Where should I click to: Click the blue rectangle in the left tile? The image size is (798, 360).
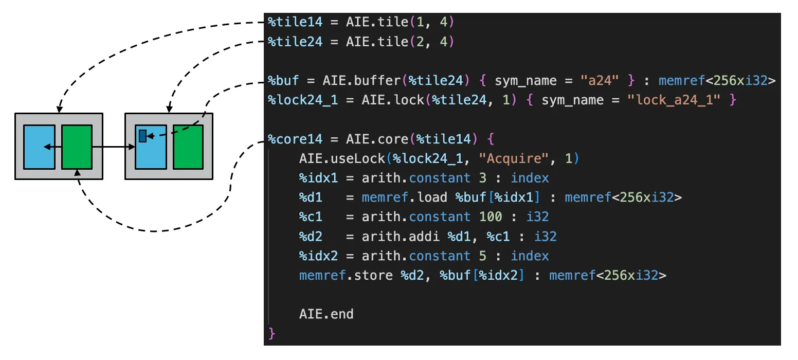[39, 147]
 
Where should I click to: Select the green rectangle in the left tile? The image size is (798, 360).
[77, 147]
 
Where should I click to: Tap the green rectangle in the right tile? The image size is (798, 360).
[188, 147]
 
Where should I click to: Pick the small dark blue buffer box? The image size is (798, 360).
[142, 136]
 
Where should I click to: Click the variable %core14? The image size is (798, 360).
[295, 139]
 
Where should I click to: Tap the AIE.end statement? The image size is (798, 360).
[326, 314]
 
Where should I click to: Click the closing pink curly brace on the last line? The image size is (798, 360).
[272, 334]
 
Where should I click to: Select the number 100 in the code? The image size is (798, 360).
[490, 217]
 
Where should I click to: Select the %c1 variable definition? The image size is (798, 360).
[311, 217]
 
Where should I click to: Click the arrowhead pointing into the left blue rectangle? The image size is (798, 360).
[47, 147]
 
